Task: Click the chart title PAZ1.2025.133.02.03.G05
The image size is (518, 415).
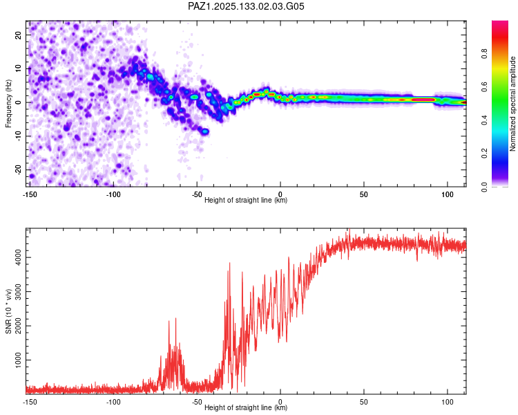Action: [246, 6]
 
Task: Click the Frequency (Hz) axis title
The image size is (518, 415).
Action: [8, 104]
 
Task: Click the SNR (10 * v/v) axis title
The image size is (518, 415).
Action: [8, 311]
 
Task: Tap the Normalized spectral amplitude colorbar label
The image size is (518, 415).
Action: [512, 104]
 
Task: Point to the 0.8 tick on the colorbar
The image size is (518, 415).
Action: [485, 53]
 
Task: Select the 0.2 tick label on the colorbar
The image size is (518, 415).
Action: [485, 154]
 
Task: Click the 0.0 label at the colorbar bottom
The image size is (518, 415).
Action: [485, 187]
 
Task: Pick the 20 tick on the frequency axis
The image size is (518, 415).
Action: [19, 35]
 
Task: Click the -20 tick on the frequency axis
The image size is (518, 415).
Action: [19, 169]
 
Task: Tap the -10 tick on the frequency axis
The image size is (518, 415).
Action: [19, 136]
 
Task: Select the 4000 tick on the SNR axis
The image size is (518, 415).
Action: [19, 257]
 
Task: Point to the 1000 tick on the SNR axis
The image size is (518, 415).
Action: [19, 360]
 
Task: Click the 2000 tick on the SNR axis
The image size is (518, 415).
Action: [19, 326]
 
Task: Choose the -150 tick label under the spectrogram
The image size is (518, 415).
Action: [30, 194]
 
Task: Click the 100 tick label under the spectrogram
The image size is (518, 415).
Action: [448, 194]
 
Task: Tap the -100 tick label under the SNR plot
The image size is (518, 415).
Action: [113, 402]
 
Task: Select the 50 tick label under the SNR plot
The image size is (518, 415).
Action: [364, 402]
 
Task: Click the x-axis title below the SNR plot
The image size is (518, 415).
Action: [246, 407]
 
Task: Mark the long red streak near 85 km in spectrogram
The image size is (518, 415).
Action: [423, 100]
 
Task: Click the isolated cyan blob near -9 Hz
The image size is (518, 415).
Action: [206, 131]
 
